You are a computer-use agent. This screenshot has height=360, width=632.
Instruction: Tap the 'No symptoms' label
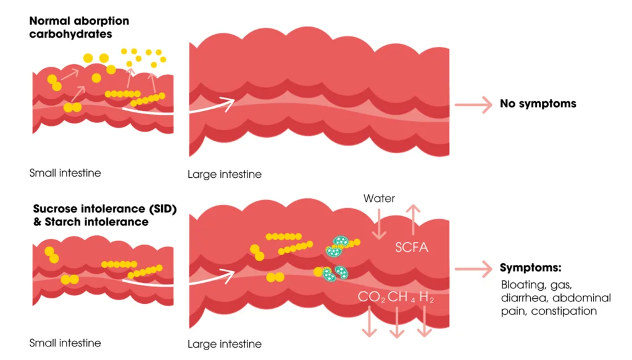coord(538,104)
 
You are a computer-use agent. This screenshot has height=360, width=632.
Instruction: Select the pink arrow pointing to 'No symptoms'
coord(473,105)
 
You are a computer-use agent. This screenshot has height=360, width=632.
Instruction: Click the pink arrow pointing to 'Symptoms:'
coord(473,269)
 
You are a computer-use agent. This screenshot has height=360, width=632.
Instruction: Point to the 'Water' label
coord(379,198)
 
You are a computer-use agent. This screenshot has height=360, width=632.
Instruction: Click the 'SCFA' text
coord(412,247)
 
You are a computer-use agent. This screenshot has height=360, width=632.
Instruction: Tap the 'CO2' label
coord(371,297)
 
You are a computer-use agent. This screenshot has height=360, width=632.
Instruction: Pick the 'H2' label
coord(426,297)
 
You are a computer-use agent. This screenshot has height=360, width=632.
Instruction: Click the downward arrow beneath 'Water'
coord(379,224)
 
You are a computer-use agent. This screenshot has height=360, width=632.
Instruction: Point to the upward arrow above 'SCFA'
coord(413,220)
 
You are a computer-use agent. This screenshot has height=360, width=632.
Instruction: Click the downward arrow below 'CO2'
coord(369,321)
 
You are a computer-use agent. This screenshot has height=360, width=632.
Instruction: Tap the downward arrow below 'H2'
coord(425,321)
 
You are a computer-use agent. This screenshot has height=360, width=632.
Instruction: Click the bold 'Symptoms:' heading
coord(530,267)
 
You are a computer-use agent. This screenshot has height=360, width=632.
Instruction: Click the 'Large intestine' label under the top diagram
coord(225,174)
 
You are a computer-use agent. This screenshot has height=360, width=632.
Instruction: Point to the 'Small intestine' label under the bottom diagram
coord(65,343)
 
